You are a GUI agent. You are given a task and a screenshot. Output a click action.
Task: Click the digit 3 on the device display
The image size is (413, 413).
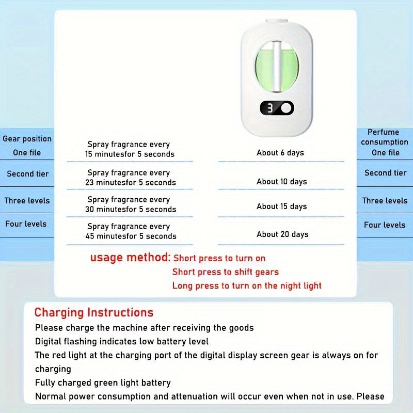269,108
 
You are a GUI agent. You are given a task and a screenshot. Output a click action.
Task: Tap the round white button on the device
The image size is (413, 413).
285,108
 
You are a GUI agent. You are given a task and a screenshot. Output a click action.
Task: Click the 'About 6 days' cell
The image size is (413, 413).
280,153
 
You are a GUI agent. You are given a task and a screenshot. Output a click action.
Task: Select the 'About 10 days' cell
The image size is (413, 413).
282,182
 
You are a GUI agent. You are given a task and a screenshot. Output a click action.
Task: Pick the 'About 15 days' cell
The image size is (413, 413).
282,206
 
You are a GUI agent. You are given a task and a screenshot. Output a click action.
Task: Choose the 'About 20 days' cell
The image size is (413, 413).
282,234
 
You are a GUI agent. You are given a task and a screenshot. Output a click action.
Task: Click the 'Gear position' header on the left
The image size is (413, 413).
27,139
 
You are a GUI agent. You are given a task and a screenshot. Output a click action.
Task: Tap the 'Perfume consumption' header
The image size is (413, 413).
385,137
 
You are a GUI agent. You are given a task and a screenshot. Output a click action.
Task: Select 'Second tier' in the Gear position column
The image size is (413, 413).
28,174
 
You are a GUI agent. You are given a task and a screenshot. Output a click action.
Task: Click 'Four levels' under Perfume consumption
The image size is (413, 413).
385,225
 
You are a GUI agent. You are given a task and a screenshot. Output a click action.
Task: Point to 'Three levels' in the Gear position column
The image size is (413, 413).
27,201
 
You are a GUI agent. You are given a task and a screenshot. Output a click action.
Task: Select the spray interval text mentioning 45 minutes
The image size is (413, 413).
131,231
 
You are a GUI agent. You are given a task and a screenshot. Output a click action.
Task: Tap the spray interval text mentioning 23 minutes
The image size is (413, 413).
130,178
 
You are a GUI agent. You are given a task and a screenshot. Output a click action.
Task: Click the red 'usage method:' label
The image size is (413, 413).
130,257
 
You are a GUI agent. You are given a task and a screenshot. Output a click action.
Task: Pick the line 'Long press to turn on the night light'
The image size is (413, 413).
247,285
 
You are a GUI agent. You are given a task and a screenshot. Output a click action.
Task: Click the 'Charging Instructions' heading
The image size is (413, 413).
94,312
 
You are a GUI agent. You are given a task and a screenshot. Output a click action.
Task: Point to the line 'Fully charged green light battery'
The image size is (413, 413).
103,383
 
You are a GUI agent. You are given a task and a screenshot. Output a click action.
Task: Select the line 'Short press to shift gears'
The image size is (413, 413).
226,272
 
